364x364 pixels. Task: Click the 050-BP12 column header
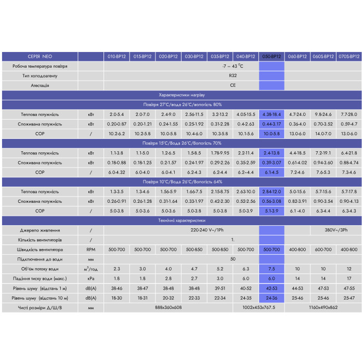click(271, 56)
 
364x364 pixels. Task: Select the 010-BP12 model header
click(116, 56)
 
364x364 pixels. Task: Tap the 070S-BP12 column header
click(349, 56)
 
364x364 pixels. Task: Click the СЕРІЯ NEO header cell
click(40, 56)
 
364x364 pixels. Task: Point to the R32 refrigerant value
click(232, 76)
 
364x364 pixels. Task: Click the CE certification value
click(232, 85)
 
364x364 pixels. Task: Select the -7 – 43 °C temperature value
click(232, 66)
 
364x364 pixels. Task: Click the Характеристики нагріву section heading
click(182, 95)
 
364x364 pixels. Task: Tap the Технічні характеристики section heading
click(182, 220)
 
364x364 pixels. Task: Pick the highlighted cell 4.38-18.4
click(271, 114)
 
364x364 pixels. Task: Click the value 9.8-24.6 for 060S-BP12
click(323, 114)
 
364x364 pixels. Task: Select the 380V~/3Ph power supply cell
click(336, 230)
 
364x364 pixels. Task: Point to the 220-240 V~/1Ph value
click(207, 230)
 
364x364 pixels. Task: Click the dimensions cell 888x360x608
click(168, 307)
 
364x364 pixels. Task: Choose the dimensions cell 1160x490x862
click(323, 307)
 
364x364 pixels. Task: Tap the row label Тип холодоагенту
click(40, 76)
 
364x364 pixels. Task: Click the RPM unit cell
click(91, 250)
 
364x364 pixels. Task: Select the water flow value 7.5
click(271, 269)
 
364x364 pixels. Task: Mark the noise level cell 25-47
click(349, 298)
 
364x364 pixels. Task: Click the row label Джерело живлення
click(40, 230)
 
